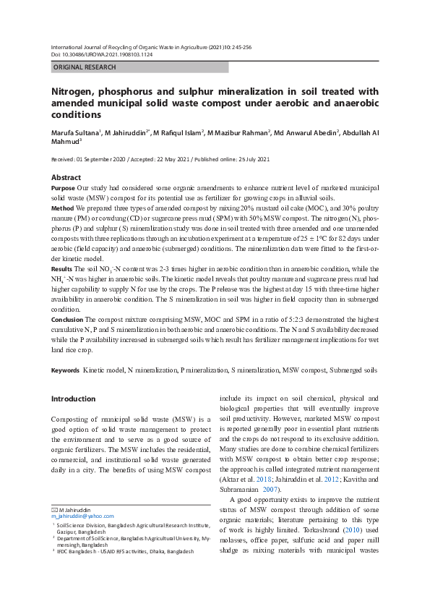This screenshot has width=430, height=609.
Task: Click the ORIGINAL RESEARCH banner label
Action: point(85,67)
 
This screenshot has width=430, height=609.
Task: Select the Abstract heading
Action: point(66,177)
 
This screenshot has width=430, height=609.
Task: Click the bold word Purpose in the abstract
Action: point(63,187)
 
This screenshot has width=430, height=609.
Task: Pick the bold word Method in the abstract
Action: point(62,208)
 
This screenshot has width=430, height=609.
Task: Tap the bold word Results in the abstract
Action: point(62,268)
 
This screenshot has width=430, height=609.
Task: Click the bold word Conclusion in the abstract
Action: point(67,319)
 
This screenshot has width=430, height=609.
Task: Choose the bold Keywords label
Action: point(65,370)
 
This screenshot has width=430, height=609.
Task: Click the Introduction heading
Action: point(73,399)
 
